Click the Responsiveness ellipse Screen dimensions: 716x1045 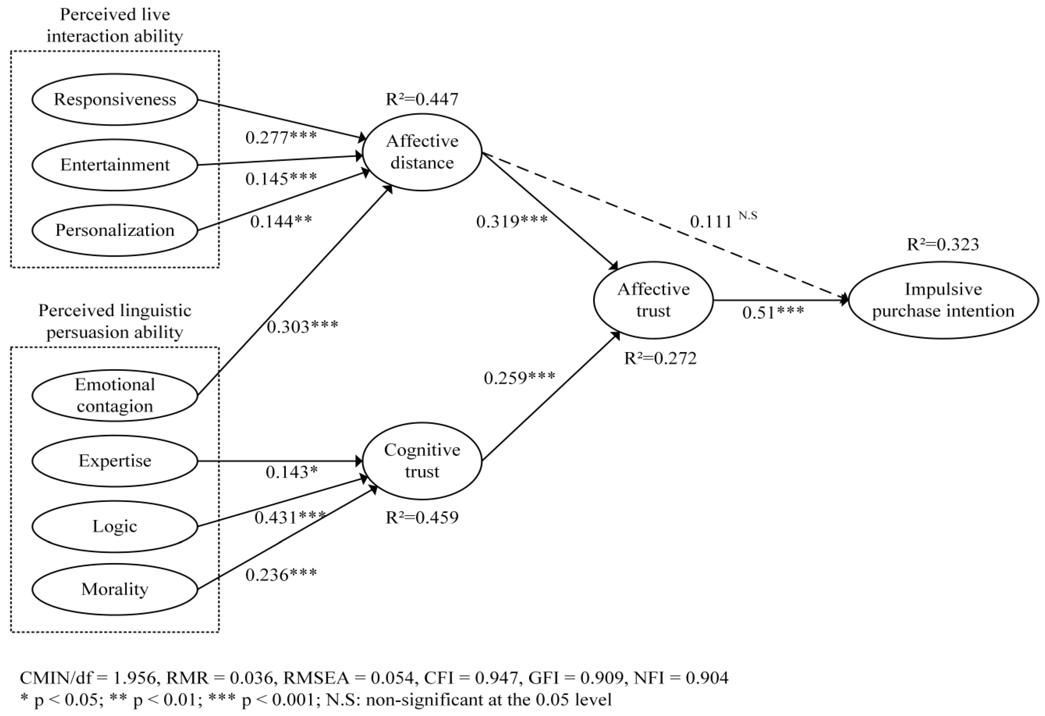click(115, 99)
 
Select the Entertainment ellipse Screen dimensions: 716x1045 click(115, 165)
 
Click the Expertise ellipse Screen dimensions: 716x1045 click(115, 461)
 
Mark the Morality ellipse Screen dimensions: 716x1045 click(115, 589)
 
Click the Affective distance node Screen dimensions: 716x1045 click(422, 152)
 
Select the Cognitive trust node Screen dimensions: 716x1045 click(422, 461)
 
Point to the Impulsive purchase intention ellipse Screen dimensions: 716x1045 click(943, 300)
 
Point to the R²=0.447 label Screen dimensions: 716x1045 click(422, 99)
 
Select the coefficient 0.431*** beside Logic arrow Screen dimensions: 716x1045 click(290, 518)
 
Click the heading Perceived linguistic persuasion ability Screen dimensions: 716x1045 click(115, 321)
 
